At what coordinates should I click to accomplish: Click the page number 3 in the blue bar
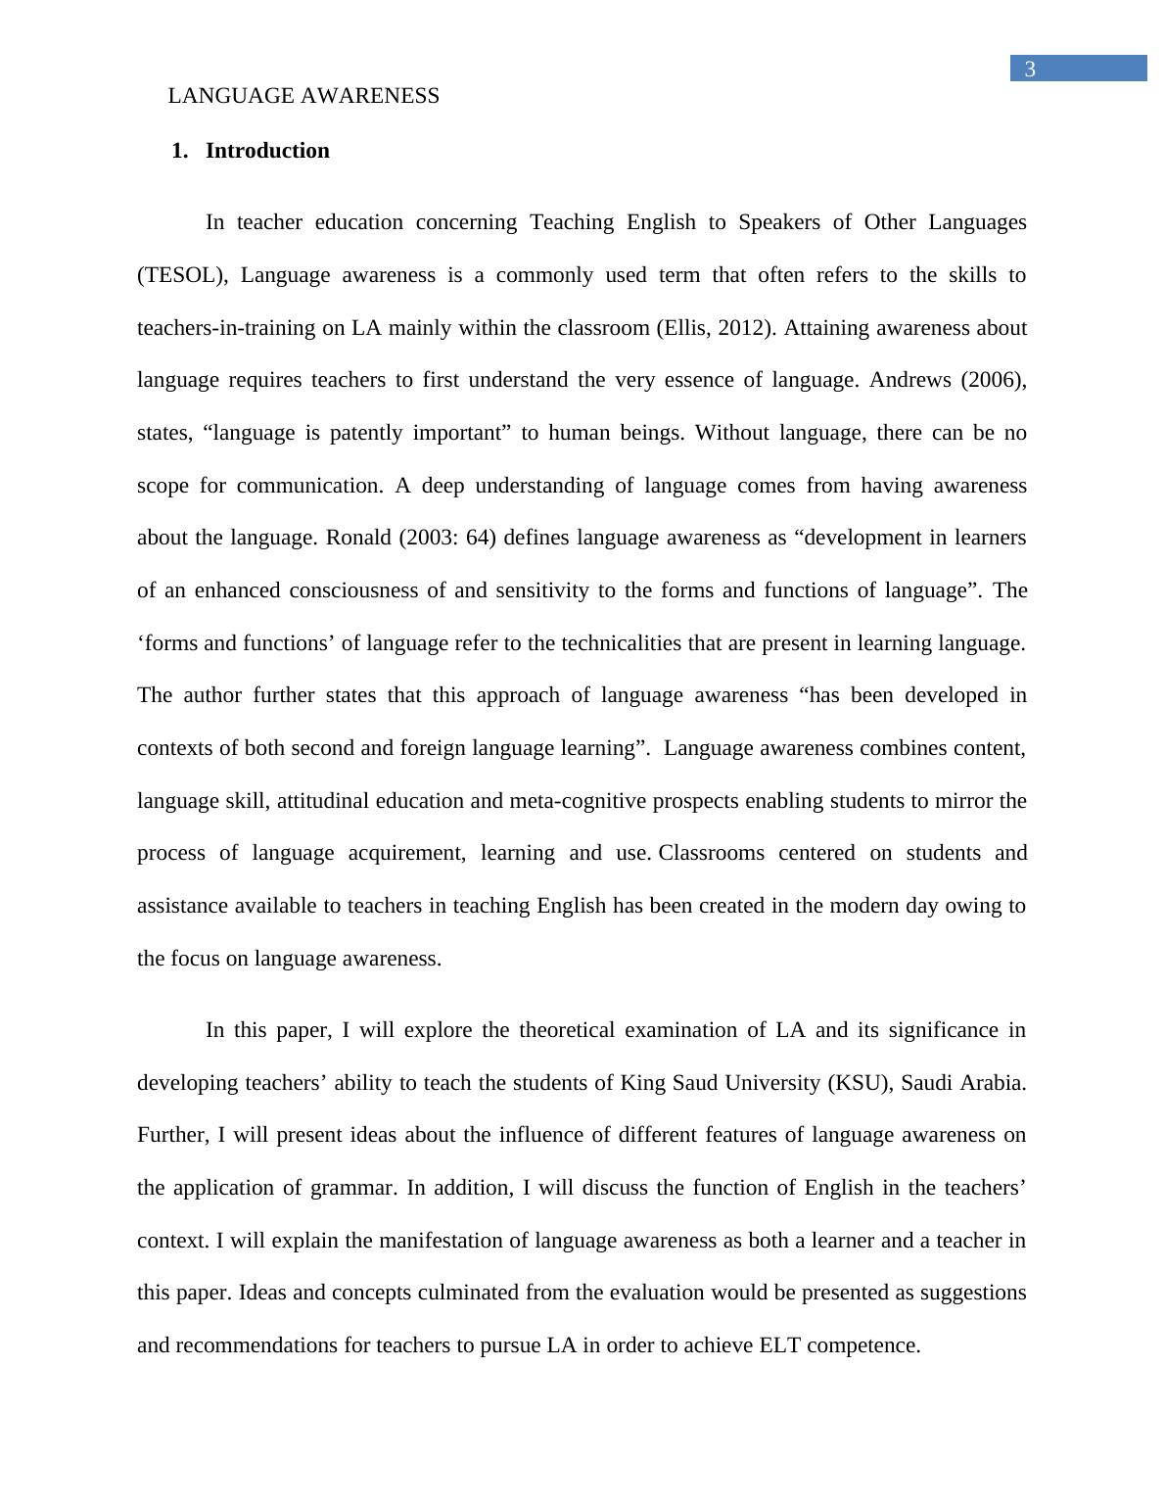(x=1030, y=69)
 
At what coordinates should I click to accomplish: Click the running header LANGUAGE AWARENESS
(x=303, y=96)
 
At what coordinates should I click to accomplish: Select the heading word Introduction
(x=267, y=151)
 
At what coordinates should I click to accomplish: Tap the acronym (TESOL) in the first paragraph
(x=182, y=275)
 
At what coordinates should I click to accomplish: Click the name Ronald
(x=358, y=538)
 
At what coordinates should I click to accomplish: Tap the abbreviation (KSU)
(x=859, y=1083)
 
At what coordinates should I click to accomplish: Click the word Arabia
(x=993, y=1083)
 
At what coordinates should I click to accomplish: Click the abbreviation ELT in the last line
(x=779, y=1345)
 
